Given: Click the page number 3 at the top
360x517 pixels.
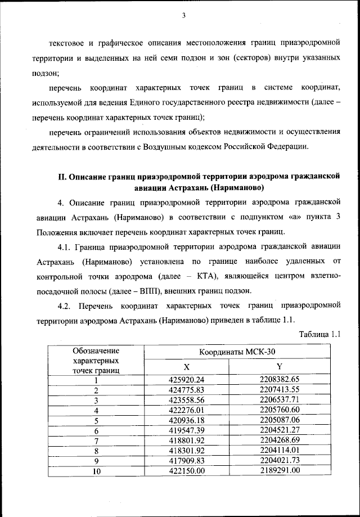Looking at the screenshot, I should click(x=183, y=15).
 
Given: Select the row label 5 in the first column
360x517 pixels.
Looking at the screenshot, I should click(x=96, y=420).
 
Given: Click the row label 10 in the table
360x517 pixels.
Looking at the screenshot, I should click(x=96, y=471).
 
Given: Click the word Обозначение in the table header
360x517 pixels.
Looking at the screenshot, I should click(x=96, y=350).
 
